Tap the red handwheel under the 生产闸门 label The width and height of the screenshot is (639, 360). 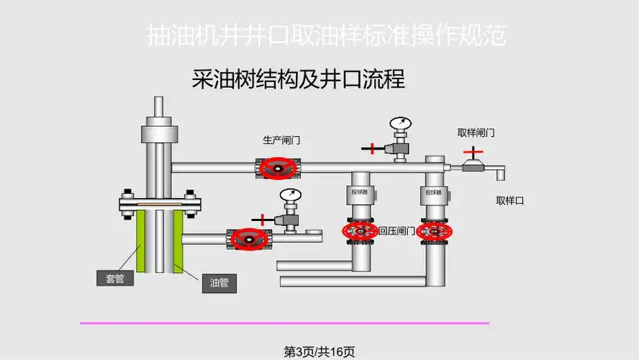point(278,168)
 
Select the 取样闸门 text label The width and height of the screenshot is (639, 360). point(476,133)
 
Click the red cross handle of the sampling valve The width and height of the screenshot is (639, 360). point(473,152)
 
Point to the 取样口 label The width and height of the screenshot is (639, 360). point(509,201)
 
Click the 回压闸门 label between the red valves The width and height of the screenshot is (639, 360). point(396,231)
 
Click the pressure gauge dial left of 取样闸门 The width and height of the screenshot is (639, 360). point(399,124)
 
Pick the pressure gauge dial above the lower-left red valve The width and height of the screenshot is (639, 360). point(290,195)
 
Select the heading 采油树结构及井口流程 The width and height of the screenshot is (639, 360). point(299,78)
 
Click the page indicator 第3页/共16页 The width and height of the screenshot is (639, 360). point(319,351)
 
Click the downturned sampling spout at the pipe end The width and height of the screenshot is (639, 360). point(499,173)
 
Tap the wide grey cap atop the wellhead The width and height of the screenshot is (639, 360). point(159,134)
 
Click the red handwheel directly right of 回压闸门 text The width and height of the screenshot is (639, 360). point(434,231)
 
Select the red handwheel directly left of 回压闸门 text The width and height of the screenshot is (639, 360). point(360,231)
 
